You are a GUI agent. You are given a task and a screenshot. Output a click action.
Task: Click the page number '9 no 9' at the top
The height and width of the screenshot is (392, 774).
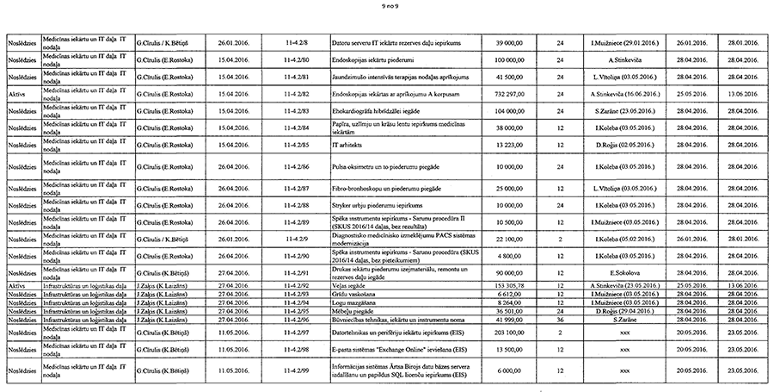click(387, 7)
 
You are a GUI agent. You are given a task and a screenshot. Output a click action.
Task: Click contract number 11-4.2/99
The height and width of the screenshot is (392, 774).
click(296, 370)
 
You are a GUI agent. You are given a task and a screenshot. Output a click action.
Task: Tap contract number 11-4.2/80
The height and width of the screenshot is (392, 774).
click(296, 59)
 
